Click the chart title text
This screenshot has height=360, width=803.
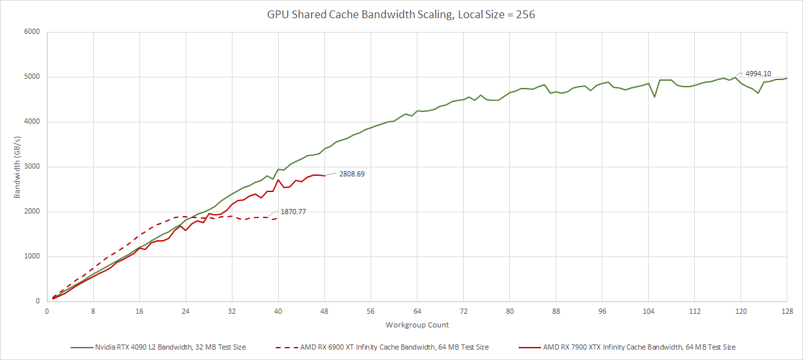(401, 14)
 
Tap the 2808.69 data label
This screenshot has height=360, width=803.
(351, 174)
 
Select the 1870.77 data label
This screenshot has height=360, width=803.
(294, 212)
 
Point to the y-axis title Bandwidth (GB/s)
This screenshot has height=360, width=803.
(18, 167)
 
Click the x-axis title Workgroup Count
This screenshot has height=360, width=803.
(417, 324)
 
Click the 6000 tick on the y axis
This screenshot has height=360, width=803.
(32, 32)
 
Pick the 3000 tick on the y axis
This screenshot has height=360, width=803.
(32, 167)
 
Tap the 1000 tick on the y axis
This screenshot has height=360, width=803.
(32, 256)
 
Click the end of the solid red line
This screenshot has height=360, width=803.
(324, 176)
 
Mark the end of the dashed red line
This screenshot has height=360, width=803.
(278, 218)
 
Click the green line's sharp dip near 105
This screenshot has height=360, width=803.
(655, 97)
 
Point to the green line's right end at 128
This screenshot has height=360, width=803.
(787, 78)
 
